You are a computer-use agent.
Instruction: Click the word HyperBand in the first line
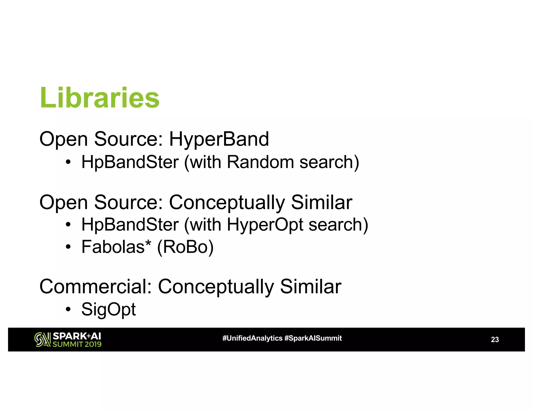click(x=219, y=139)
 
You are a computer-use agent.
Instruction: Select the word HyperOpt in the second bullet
click(x=265, y=224)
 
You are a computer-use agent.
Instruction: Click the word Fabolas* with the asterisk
click(x=116, y=247)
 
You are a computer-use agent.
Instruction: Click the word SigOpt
click(x=109, y=309)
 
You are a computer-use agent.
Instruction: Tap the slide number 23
click(x=494, y=340)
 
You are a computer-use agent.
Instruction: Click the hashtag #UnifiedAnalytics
click(x=252, y=338)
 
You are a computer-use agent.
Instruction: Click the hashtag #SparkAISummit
click(x=313, y=338)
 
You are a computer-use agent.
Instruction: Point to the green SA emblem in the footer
click(x=42, y=340)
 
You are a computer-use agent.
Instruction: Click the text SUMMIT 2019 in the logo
click(x=77, y=344)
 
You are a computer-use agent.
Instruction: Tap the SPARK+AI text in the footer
click(x=77, y=336)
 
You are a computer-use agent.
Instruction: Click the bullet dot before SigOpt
click(x=68, y=309)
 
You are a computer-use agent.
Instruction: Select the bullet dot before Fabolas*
click(x=68, y=247)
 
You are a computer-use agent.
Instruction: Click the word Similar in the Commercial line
click(x=310, y=286)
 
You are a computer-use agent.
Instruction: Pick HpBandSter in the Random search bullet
click(x=130, y=162)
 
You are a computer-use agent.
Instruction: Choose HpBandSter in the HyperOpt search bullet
click(x=130, y=224)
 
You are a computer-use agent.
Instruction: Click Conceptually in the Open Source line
click(x=227, y=203)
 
